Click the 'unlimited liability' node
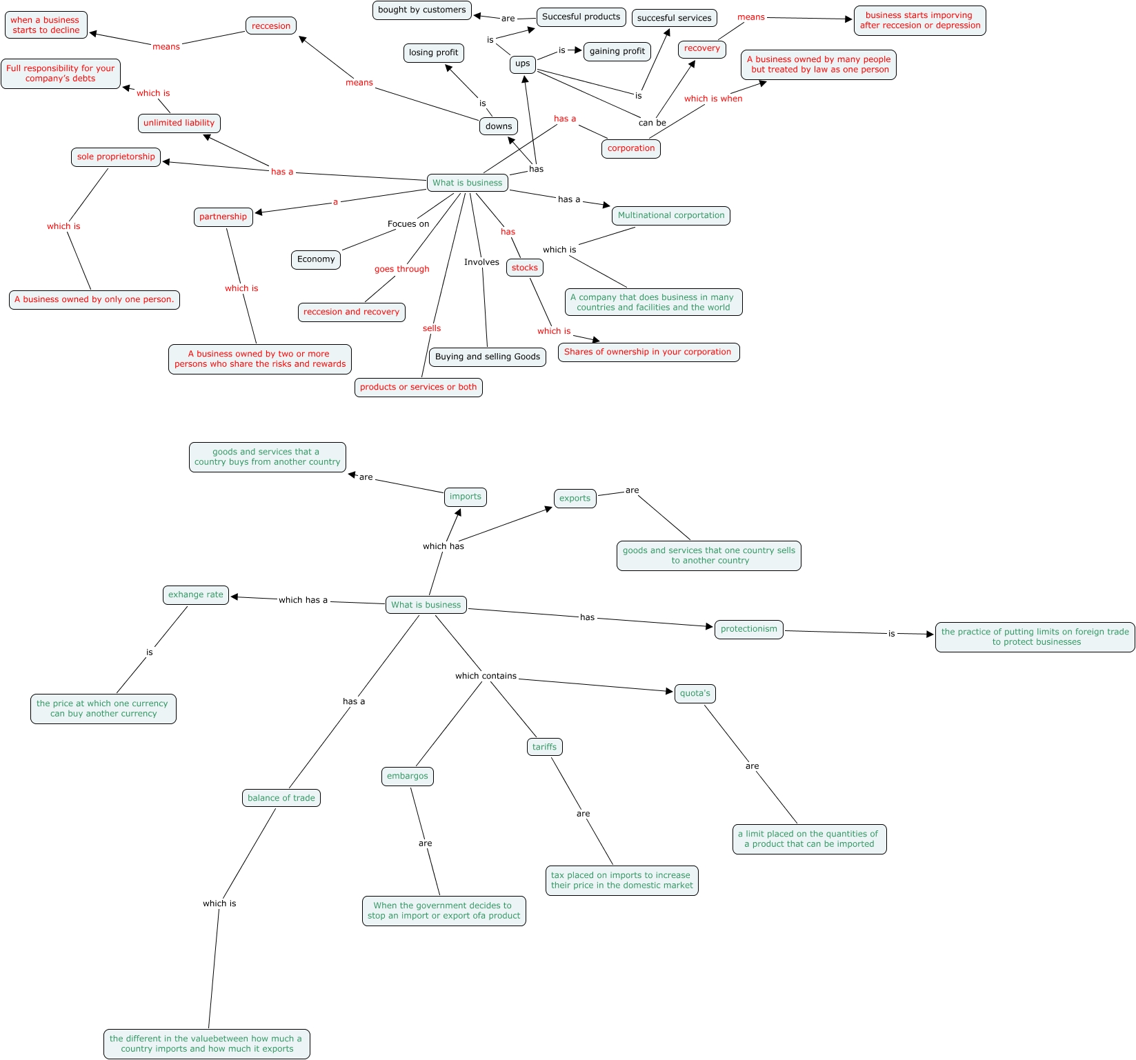pos(179,123)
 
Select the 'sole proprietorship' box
pos(116,157)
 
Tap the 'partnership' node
pos(223,217)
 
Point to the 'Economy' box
pos(316,260)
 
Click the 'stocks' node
pos(524,268)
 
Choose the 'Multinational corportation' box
pos(670,216)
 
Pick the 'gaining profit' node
pos(617,52)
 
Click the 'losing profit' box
pos(433,53)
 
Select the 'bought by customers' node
pos(421,10)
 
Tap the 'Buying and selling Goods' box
pos(487,357)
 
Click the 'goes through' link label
pos(401,270)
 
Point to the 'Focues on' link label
pos(408,224)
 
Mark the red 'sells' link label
pos(432,329)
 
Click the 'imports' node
pos(465,497)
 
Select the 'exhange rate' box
pos(196,595)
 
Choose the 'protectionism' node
pos(748,630)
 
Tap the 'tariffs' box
pos(544,748)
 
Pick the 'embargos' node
pos(407,777)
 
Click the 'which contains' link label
pos(486,677)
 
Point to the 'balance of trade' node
pos(281,799)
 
